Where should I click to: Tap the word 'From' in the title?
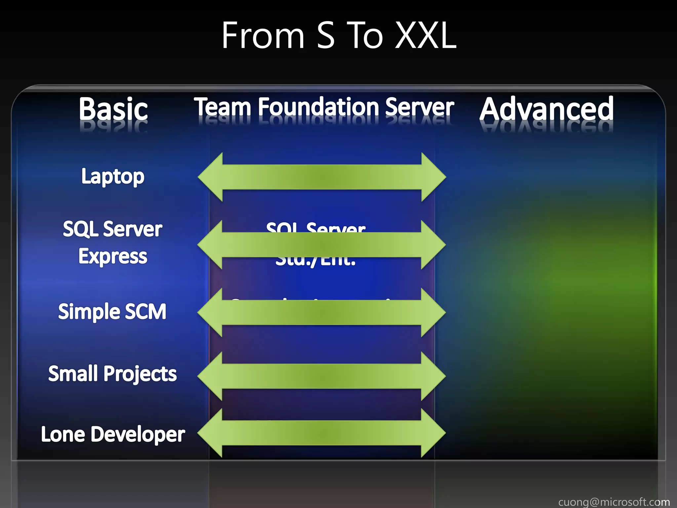pyautogui.click(x=263, y=36)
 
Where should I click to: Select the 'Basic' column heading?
pyautogui.click(x=113, y=109)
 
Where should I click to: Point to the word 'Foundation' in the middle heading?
pyautogui.click(x=319, y=107)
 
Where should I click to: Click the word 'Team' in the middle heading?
pyautogui.click(x=223, y=107)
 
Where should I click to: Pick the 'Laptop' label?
pyautogui.click(x=113, y=177)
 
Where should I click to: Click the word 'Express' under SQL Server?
pyautogui.click(x=113, y=256)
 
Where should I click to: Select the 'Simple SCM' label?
pyautogui.click(x=112, y=312)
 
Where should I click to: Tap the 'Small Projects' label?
pyautogui.click(x=112, y=374)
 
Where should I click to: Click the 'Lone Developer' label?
pyautogui.click(x=113, y=434)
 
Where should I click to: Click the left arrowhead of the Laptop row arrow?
pyautogui.click(x=211, y=177)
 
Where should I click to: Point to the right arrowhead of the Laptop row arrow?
pyautogui.click(x=433, y=177)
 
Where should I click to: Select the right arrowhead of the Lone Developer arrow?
pyautogui.click(x=433, y=433)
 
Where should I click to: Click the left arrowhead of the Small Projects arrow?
pyautogui.click(x=210, y=376)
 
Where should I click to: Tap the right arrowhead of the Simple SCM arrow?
pyautogui.click(x=433, y=313)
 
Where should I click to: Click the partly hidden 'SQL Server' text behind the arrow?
pyautogui.click(x=316, y=227)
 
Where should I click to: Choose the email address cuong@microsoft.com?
pyautogui.click(x=614, y=502)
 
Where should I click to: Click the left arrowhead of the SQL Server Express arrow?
pyautogui.click(x=210, y=245)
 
